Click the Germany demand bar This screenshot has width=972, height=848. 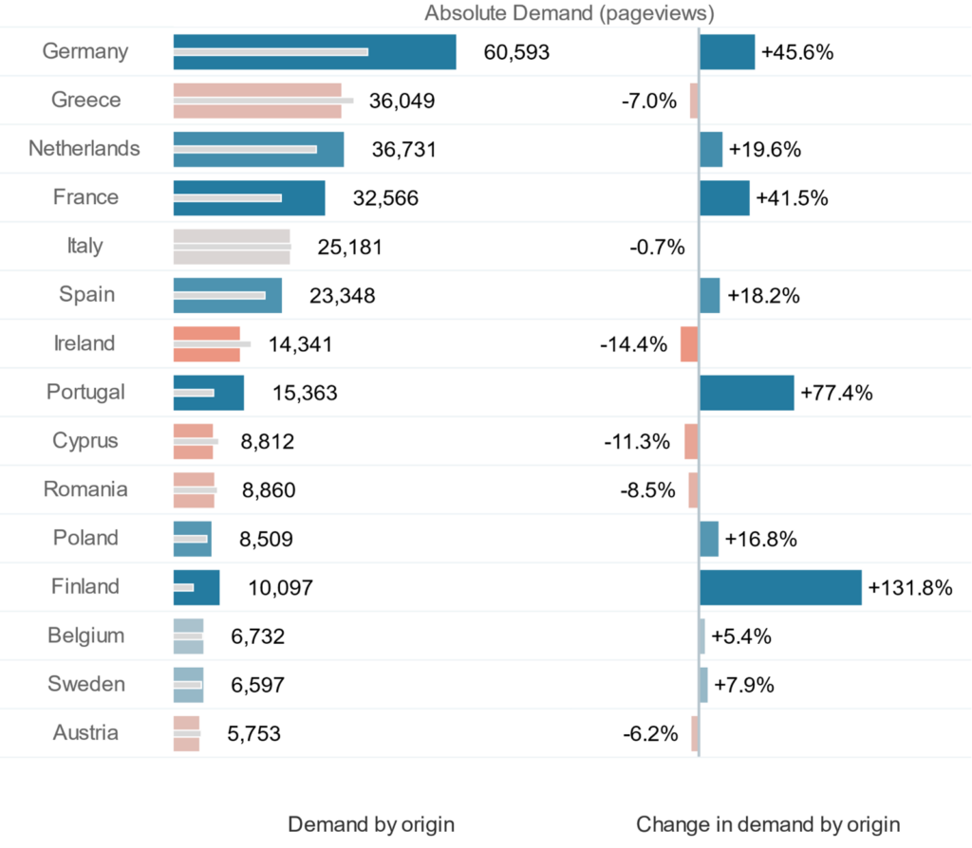coord(314,52)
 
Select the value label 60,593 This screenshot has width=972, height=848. coord(516,52)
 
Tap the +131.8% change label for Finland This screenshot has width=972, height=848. coord(909,588)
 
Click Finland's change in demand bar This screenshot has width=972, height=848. coord(780,587)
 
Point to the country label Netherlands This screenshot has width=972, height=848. coord(84,149)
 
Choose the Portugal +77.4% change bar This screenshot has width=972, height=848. coord(746,393)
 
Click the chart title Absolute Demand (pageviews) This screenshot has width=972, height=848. coord(570,13)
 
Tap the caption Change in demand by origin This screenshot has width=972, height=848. coord(768,823)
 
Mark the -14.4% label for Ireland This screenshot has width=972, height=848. coord(633,344)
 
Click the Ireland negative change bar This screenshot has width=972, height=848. coord(689,343)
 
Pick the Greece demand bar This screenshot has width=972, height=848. coord(257,101)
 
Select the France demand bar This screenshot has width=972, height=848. coord(249,197)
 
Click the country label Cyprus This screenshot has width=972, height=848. coord(85,441)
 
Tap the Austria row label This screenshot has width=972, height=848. coord(85,733)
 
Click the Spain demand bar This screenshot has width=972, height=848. coord(228,295)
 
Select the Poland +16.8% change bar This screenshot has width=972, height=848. coord(708,539)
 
